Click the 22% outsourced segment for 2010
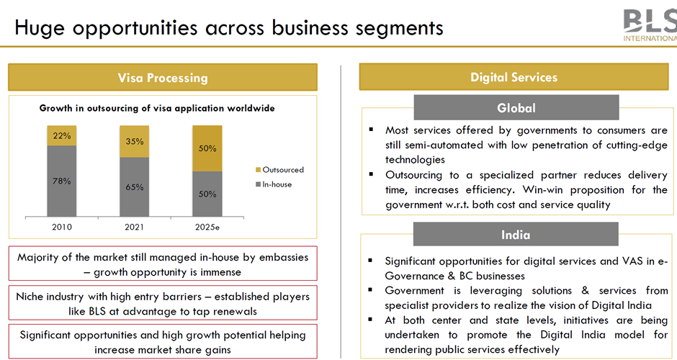tap(62, 135)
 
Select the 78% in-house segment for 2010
tap(62, 181)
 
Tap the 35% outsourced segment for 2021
tap(134, 142)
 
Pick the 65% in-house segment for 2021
tap(134, 187)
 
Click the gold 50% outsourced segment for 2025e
tap(207, 148)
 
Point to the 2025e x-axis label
tap(207, 227)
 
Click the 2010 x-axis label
tap(62, 227)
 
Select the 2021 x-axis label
tap(134, 227)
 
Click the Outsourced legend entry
tap(279, 170)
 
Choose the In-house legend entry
tap(274, 184)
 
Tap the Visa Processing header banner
tap(163, 77)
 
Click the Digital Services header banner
tap(514, 77)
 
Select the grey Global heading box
tap(516, 107)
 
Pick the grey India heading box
tap(516, 235)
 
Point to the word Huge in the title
tap(40, 28)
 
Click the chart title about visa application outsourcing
tap(157, 108)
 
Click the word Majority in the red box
tap(38, 258)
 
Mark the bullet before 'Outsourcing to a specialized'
tap(371, 174)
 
